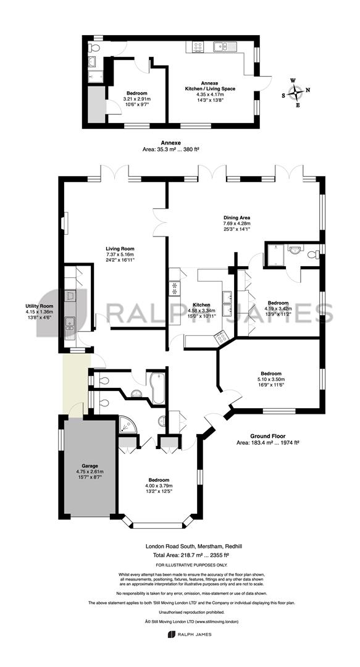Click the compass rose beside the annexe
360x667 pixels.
295,91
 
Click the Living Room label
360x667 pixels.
120,249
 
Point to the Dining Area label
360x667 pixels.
233,217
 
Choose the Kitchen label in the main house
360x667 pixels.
201,305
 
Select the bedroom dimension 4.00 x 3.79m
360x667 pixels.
158,485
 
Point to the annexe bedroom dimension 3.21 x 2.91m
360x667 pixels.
137,99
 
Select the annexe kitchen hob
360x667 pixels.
198,46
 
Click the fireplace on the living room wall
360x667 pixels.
63,224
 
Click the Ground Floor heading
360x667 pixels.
267,436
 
